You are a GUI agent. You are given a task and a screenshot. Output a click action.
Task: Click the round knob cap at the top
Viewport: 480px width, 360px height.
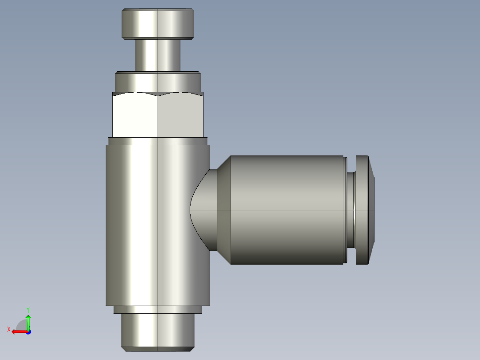(158, 24)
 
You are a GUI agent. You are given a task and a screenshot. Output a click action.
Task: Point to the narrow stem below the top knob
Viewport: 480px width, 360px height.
(158, 55)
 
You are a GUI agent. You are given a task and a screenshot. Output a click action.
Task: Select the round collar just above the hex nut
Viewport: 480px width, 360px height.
(158, 82)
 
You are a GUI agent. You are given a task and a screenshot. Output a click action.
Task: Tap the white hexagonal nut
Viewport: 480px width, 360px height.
(158, 115)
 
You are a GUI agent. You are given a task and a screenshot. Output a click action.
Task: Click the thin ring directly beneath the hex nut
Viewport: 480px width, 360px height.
(158, 141)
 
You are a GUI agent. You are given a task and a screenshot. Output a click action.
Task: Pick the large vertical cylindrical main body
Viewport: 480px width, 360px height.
(158, 225)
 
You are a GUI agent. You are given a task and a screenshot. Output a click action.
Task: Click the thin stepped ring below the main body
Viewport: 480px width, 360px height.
(158, 310)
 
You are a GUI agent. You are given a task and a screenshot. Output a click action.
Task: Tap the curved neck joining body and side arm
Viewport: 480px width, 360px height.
(203, 210)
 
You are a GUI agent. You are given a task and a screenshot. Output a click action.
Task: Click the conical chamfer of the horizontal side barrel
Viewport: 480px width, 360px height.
(224, 210)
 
